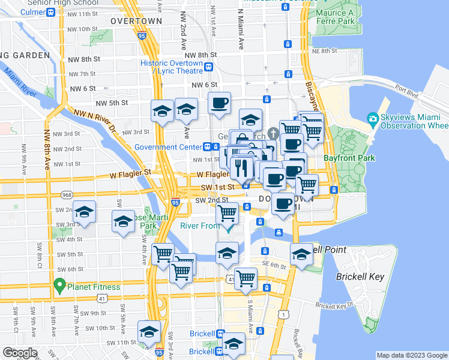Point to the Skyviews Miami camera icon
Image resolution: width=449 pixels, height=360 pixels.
tap(372, 119)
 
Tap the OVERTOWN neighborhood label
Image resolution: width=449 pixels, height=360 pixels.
tap(136, 21)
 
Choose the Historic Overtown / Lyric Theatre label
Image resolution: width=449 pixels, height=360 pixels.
tap(172, 67)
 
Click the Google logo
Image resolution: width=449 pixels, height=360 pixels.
tap(20, 353)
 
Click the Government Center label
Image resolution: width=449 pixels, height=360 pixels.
tap(167, 147)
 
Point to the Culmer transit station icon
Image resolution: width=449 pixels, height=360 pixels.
tap(51, 12)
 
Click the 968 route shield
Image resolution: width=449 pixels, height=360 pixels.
tap(68, 194)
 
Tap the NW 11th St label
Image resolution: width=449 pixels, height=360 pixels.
tap(83, 14)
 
